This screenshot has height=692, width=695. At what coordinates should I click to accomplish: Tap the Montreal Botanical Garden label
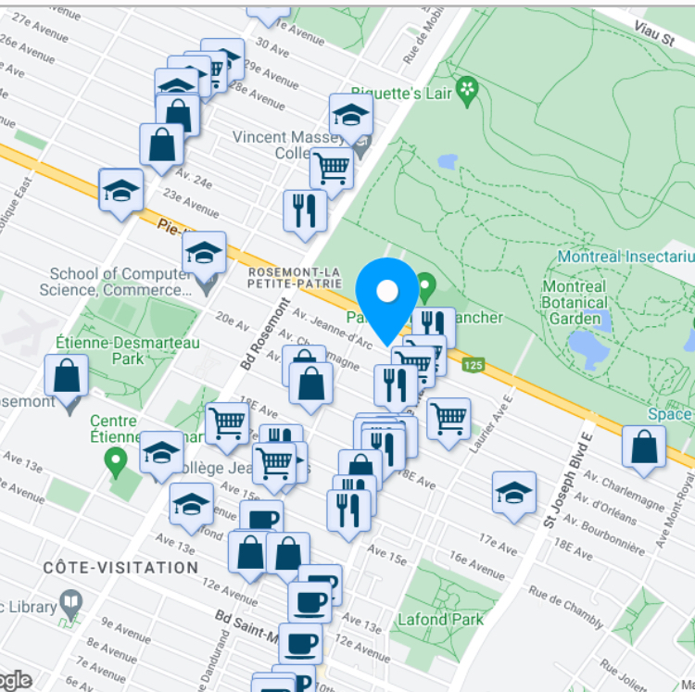(574, 303)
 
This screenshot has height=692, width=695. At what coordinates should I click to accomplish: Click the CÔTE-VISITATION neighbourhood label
(120, 567)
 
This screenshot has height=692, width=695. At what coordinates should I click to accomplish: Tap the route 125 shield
(474, 365)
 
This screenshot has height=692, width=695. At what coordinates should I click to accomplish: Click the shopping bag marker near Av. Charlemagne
(643, 447)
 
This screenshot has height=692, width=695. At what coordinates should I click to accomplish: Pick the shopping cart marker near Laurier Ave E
(449, 420)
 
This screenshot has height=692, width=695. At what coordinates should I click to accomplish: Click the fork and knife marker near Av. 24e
(305, 211)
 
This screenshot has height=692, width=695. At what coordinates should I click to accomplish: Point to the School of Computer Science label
(115, 282)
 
